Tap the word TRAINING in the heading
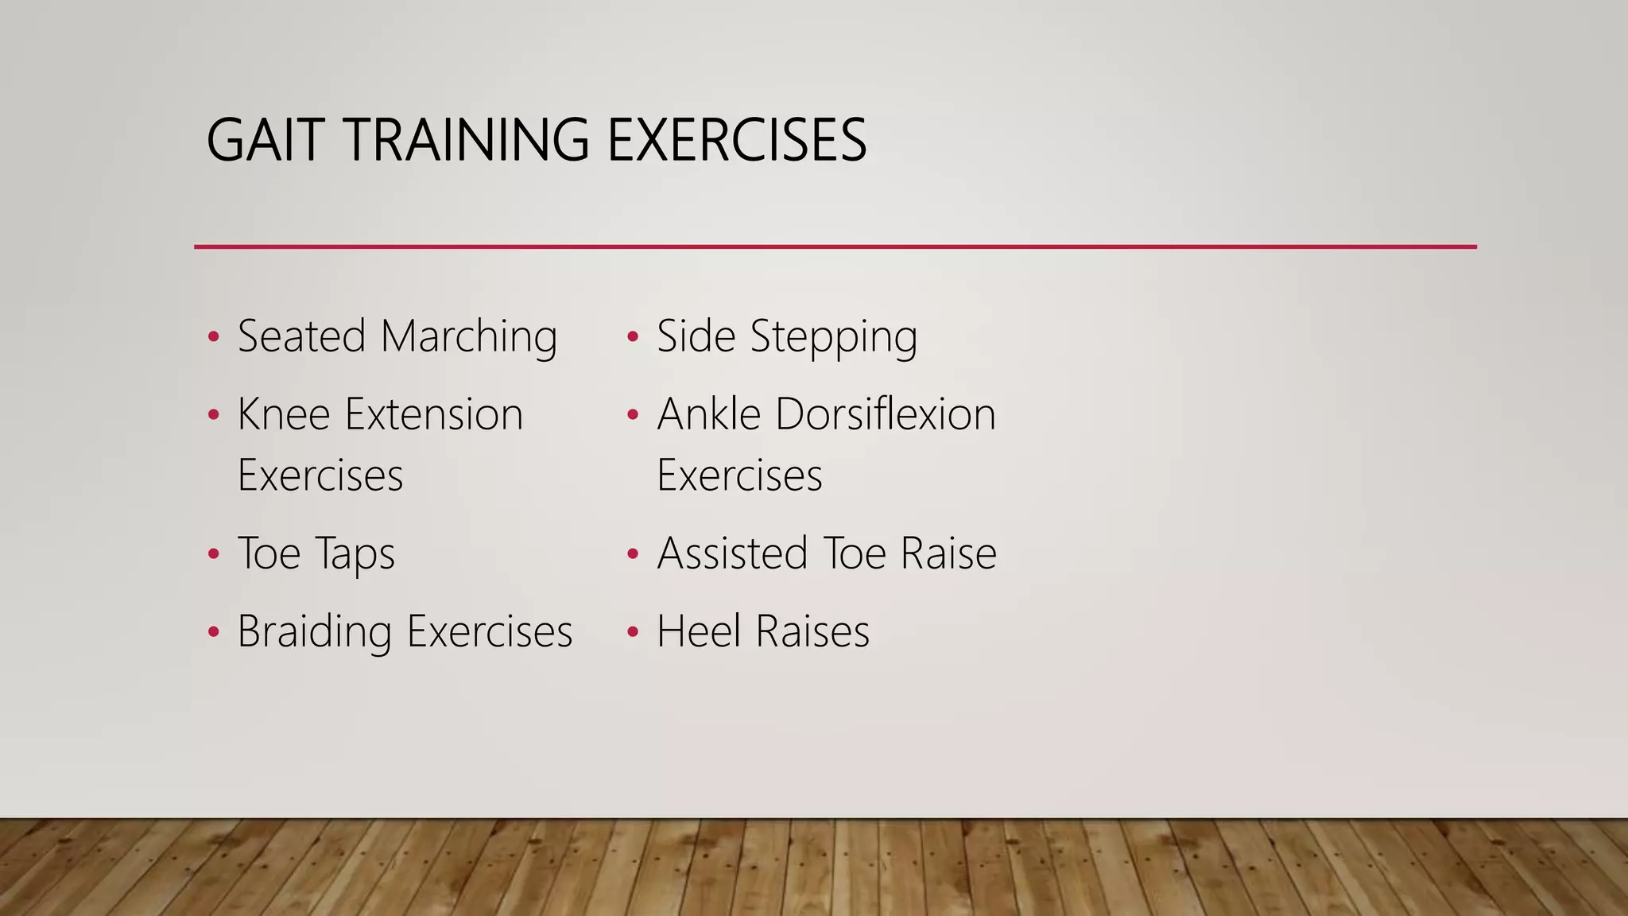pyautogui.click(x=467, y=140)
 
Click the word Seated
pyautogui.click(x=301, y=336)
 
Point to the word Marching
pyautogui.click(x=469, y=337)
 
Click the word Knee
pyautogui.click(x=284, y=414)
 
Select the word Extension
pyautogui.click(x=434, y=414)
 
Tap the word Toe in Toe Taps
pyautogui.click(x=269, y=553)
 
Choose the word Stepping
pyautogui.click(x=834, y=337)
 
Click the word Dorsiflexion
pyautogui.click(x=886, y=414)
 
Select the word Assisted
pyautogui.click(x=732, y=553)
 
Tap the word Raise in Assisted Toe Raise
pyautogui.click(x=948, y=553)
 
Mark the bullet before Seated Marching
pyautogui.click(x=212, y=337)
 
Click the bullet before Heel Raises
pyautogui.click(x=633, y=633)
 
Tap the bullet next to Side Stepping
pyautogui.click(x=633, y=337)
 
